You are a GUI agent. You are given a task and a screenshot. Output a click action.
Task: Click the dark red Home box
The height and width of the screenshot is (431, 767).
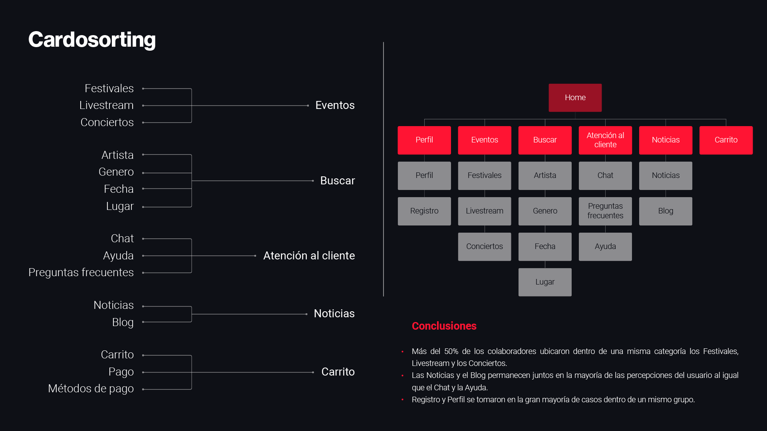click(575, 98)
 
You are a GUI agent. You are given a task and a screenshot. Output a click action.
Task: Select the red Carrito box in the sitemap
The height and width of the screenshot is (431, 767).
click(726, 140)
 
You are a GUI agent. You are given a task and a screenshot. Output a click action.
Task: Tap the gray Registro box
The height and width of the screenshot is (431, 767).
click(424, 211)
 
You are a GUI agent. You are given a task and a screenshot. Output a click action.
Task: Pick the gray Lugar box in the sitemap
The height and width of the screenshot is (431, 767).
click(545, 282)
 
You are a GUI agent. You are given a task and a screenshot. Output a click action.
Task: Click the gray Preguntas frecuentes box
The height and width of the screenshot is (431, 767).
click(605, 211)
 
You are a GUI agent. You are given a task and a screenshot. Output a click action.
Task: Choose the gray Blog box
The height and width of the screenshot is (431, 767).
click(666, 211)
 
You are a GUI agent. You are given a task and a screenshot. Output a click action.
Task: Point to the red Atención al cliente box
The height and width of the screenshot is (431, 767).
click(605, 140)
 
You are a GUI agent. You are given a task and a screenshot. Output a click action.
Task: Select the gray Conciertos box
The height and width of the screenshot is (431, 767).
click(485, 247)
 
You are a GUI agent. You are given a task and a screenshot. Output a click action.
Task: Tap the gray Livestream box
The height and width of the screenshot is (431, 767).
click(485, 211)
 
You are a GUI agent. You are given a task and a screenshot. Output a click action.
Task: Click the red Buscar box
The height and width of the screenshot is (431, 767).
click(545, 140)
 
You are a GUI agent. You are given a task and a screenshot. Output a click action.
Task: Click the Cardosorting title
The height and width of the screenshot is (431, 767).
click(92, 40)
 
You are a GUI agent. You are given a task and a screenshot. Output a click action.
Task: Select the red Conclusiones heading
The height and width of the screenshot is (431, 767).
click(444, 326)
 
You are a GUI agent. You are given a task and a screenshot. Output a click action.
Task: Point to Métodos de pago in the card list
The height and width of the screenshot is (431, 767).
click(91, 389)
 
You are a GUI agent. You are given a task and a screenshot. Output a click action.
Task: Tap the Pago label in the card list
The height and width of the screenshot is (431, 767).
click(121, 372)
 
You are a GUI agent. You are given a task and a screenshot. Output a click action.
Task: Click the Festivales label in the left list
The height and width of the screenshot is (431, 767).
click(109, 88)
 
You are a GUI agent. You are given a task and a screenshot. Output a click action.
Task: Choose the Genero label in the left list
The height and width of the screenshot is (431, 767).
click(116, 172)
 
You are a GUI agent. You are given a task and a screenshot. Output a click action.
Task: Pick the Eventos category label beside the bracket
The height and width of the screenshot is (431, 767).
click(335, 105)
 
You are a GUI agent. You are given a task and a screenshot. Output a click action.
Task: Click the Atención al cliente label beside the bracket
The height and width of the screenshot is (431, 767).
click(309, 256)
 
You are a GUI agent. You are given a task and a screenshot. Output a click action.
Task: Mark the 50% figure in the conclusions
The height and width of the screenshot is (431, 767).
click(451, 352)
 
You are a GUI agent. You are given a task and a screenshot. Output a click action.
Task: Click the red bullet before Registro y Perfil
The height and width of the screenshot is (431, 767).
click(402, 400)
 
